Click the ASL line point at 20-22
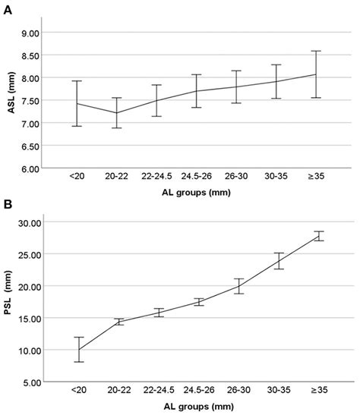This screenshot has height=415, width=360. click(116, 113)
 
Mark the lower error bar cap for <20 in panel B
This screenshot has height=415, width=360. click(76, 362)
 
